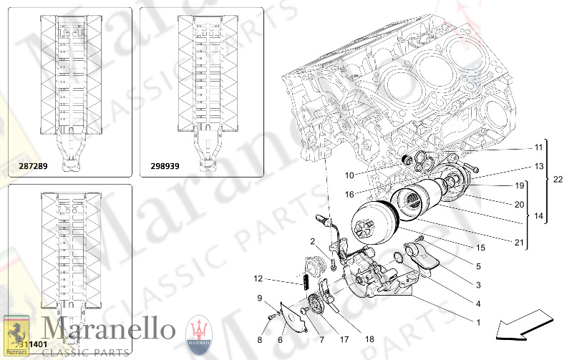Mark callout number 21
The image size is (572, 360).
pyautogui.click(x=518, y=243)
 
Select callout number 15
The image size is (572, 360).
pyautogui.click(x=480, y=248)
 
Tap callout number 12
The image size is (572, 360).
pyautogui.click(x=258, y=278)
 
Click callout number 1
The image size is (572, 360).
pyautogui.click(x=478, y=322)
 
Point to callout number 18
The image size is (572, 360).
pyautogui.click(x=369, y=339)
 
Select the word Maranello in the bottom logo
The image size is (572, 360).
pyautogui.click(x=107, y=329)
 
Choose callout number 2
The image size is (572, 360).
pyautogui.click(x=313, y=240)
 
